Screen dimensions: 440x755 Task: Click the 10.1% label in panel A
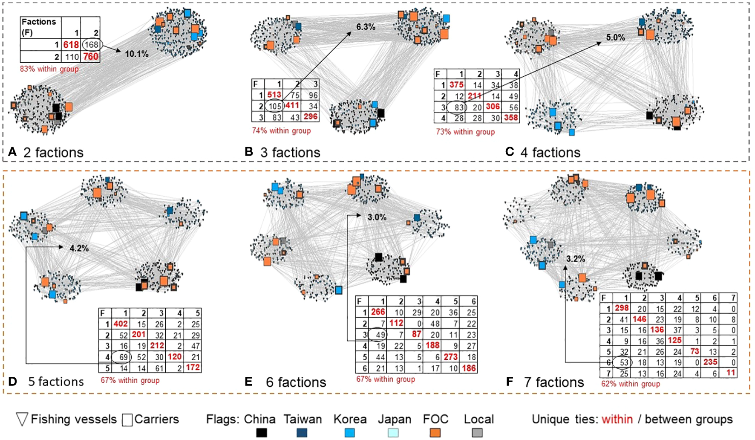tap(136, 54)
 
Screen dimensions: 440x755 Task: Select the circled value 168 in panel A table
tap(91, 44)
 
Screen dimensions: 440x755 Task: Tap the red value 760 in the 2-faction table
tap(91, 57)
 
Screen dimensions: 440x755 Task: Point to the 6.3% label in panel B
tap(366, 27)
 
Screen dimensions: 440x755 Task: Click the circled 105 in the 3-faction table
tap(275, 106)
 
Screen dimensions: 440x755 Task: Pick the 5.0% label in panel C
tap(616, 38)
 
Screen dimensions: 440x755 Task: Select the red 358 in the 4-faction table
tap(510, 118)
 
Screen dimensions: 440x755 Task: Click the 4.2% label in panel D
tap(79, 248)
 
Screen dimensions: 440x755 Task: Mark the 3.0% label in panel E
tap(377, 217)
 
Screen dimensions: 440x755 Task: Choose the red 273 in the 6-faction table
tap(450, 357)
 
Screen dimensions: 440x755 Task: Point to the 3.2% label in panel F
tap(575, 259)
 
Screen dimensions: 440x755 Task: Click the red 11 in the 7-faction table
tap(731, 373)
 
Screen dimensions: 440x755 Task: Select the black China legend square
tap(261, 433)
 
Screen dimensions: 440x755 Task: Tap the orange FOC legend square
tap(435, 433)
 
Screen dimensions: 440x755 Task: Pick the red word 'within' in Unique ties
tap(617, 420)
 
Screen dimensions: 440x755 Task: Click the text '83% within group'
tap(49, 69)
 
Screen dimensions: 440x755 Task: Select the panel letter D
tap(13, 381)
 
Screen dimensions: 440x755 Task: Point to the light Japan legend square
tap(393, 433)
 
